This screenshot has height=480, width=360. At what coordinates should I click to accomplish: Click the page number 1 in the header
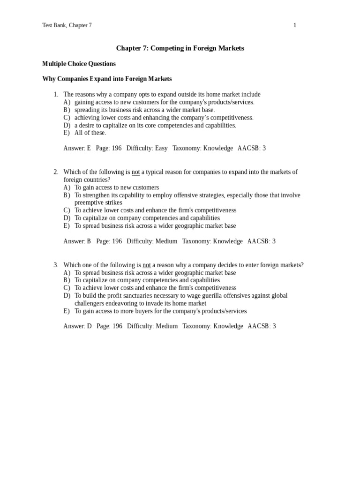coord(295,25)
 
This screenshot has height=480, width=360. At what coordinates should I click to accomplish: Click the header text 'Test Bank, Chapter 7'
coord(67,25)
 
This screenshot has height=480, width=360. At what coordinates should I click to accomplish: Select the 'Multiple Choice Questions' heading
coord(79,64)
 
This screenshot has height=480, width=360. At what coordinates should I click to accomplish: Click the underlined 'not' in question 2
coord(135,172)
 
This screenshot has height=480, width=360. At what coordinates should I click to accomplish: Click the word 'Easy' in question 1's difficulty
coord(161,148)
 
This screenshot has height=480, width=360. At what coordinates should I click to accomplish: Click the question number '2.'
coord(56,172)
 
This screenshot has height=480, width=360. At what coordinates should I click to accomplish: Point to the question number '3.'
coord(56,265)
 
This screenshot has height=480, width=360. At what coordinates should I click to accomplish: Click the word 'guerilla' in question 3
coord(205,296)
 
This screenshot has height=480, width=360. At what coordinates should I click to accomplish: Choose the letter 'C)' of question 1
coord(67,118)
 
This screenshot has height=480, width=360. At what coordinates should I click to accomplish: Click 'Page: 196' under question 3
coord(109,326)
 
